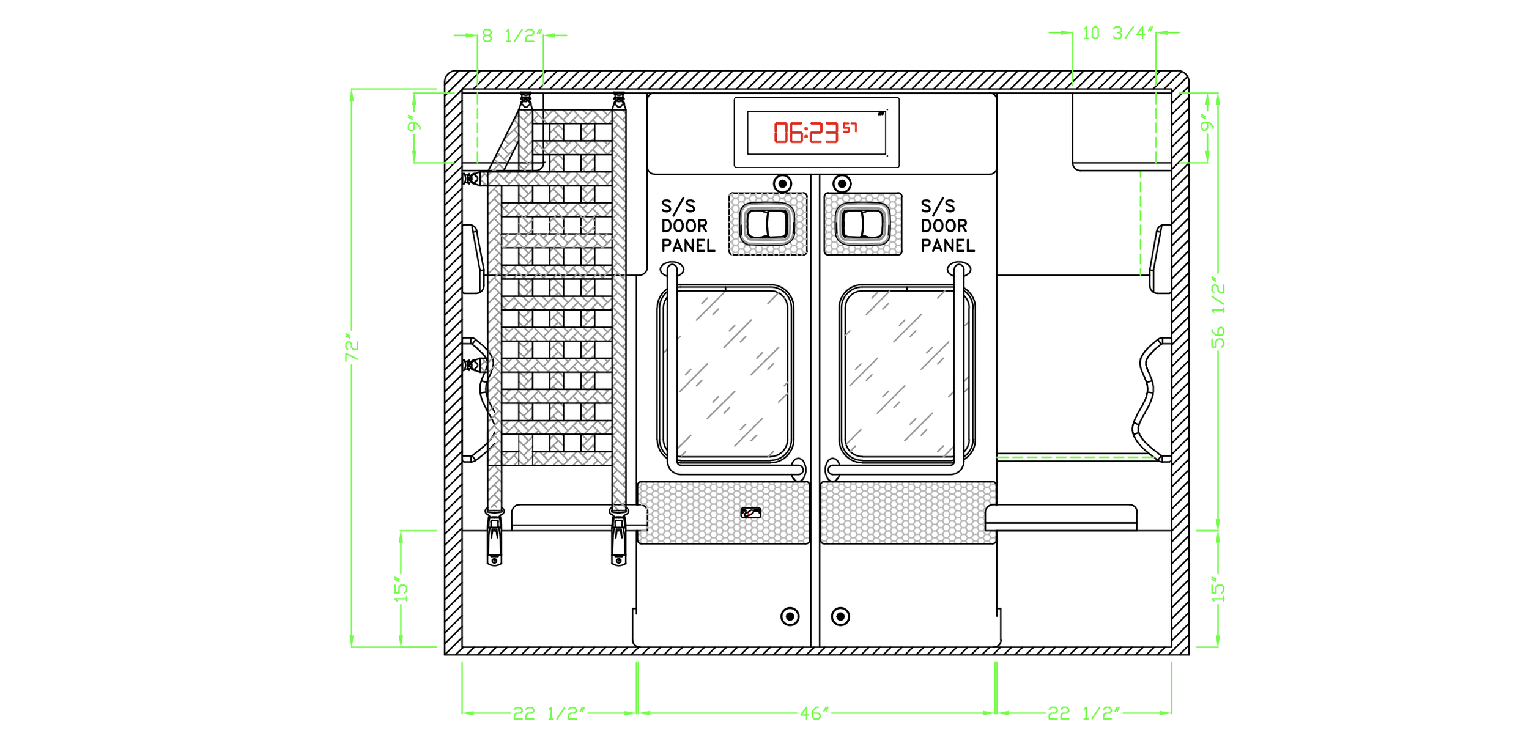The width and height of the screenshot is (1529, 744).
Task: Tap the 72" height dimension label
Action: point(352,348)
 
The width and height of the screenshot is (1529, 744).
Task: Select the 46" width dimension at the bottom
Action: point(815,713)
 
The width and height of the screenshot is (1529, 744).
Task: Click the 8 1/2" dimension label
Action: point(512,35)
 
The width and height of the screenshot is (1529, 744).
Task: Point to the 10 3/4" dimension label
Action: point(1117,33)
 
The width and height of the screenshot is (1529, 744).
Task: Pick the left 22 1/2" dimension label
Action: point(549,713)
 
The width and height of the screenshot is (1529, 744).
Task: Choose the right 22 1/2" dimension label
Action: point(1084,713)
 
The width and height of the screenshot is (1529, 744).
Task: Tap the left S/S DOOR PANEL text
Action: point(687,226)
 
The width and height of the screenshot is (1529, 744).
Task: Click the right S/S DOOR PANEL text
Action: point(947,226)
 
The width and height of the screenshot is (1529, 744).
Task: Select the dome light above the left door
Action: point(782,183)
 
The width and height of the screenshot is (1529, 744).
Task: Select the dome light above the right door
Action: point(842,183)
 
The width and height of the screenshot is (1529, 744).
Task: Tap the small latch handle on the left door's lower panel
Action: point(751,513)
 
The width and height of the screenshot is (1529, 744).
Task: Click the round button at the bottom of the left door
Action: point(790,616)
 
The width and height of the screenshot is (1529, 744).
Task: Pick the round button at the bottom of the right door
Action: point(840,616)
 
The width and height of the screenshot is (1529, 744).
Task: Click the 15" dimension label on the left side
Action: point(401,589)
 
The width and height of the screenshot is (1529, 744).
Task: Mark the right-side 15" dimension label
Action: point(1218,589)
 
